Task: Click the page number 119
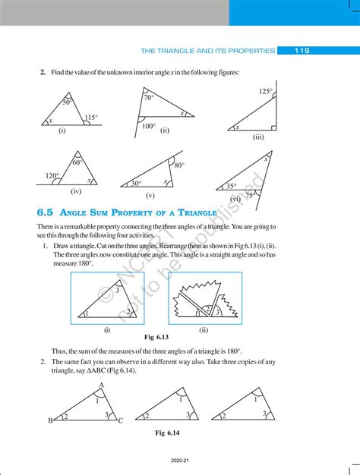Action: pos(302,51)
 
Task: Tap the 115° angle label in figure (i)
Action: pos(91,118)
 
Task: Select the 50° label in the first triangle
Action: pos(67,102)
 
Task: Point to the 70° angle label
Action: pos(149,98)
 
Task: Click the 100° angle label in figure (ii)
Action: pos(149,126)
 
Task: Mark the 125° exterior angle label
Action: pos(266,91)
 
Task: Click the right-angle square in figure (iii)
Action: pos(273,127)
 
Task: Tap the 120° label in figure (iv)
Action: pos(52,176)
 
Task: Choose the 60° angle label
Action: pos(77,162)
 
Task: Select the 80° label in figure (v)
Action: pos(179,165)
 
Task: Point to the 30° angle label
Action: pos(136,184)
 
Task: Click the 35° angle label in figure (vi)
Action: pos(232,186)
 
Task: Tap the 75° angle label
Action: pos(250,196)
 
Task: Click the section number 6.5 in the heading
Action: pos(45,212)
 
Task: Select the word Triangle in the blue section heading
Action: pos(197,212)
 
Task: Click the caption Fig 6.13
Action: pos(156,337)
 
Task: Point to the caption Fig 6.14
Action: pos(167,433)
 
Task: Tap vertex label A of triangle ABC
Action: pos(102,385)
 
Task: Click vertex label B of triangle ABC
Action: pos(50,420)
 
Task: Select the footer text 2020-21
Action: pos(180,461)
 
